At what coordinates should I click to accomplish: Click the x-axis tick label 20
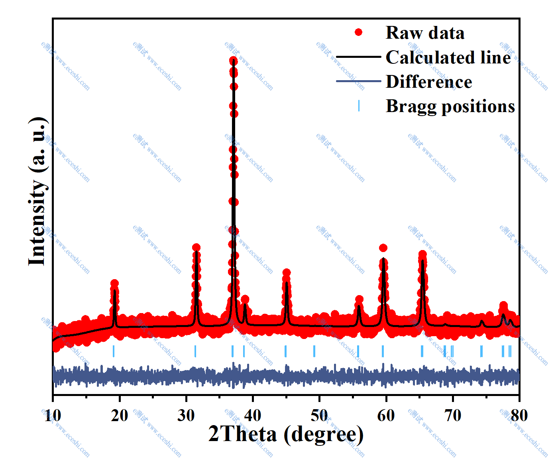click(x=120, y=416)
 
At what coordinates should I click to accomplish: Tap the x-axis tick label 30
click(x=186, y=416)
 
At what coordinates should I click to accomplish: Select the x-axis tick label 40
click(x=253, y=416)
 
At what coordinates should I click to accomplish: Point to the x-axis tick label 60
click(x=386, y=416)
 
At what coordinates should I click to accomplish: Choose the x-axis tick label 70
click(x=453, y=416)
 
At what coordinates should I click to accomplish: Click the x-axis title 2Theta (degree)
click(x=286, y=434)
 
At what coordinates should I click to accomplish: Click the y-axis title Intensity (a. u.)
click(x=37, y=191)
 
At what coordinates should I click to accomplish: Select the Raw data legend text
click(x=425, y=33)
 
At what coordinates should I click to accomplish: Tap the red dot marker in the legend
click(x=359, y=32)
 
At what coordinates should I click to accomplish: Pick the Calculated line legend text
click(x=448, y=57)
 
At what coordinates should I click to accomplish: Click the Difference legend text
click(x=429, y=82)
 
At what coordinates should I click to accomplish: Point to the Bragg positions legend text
click(x=450, y=106)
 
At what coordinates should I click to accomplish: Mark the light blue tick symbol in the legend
click(x=359, y=106)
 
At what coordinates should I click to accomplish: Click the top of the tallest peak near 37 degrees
click(x=234, y=61)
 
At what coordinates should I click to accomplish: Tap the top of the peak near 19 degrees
click(x=114, y=284)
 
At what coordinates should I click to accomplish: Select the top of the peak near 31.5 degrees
click(x=196, y=248)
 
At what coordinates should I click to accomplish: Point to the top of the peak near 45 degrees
click(x=286, y=273)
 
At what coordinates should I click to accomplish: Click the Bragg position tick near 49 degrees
click(x=314, y=351)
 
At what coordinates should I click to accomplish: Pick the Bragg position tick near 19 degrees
click(x=114, y=351)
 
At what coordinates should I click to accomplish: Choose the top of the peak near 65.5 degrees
click(x=422, y=254)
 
